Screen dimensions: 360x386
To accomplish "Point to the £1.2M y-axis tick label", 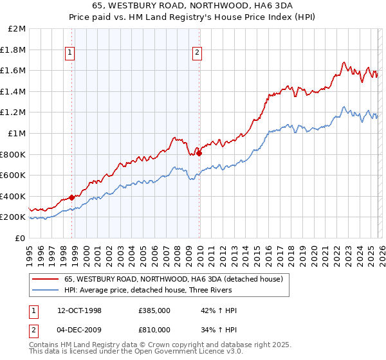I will click(x=14, y=113).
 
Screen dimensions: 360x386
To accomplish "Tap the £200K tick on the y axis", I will click(x=14, y=217).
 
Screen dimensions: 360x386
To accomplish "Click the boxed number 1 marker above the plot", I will click(x=69, y=53).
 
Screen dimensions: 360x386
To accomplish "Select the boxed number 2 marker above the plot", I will click(x=196, y=53).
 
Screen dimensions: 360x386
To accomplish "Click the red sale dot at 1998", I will click(x=72, y=197).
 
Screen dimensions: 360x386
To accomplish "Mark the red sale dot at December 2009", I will click(x=199, y=153).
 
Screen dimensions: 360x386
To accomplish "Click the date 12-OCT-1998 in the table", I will click(x=87, y=310).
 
